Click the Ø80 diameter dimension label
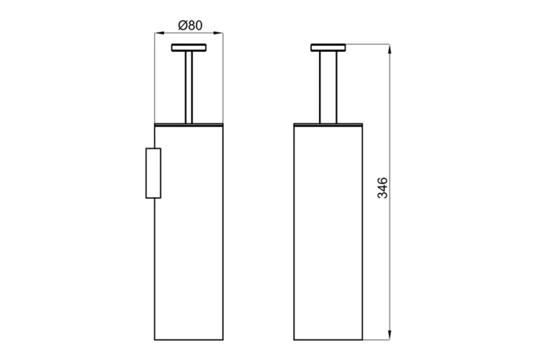(x=189, y=24)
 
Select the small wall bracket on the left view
(x=153, y=173)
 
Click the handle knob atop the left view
(x=189, y=48)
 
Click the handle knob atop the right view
(x=328, y=48)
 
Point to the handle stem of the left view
(x=189, y=86)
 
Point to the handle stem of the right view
(x=328, y=86)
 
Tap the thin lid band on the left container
(x=189, y=124)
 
